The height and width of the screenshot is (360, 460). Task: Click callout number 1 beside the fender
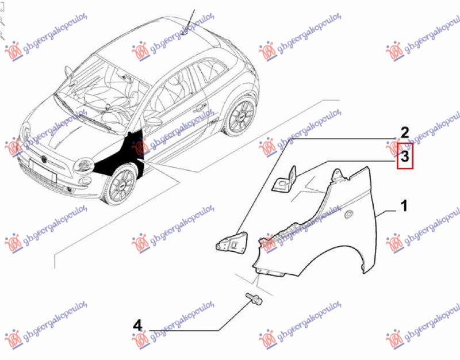(405, 206)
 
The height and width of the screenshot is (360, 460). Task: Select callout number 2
(405, 133)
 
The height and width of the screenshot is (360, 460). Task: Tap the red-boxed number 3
(405, 156)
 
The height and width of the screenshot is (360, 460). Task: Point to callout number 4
(137, 325)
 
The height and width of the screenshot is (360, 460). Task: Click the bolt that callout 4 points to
(254, 298)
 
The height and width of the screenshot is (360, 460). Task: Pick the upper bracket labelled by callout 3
(285, 179)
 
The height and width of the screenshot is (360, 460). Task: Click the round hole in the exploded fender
(349, 215)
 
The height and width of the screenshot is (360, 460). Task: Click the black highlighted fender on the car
(123, 157)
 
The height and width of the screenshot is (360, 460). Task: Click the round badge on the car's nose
(44, 159)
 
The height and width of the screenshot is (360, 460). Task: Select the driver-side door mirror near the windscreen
(68, 72)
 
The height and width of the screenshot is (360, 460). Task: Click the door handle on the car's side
(200, 107)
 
